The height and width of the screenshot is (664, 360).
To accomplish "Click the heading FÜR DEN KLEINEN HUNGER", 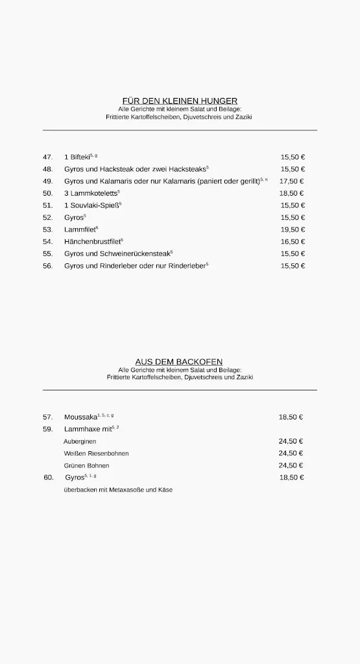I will coord(180,101).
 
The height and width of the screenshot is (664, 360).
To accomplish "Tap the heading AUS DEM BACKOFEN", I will coord(180,361).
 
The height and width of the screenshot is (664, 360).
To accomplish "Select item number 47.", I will coord(47,157).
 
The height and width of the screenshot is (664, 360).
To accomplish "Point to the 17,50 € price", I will coord(292,182).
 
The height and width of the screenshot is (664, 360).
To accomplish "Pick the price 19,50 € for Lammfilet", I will coord(293,230).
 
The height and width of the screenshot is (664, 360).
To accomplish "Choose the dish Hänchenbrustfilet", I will coord(91,242).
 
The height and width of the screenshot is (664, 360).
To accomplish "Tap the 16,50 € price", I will coord(293,242).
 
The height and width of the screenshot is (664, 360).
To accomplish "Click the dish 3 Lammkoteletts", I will coord(90,193).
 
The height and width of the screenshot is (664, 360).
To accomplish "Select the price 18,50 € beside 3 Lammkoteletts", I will coord(293,193).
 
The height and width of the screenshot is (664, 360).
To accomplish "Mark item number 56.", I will coord(47,266).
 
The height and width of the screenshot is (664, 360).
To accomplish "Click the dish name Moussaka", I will coord(80,417).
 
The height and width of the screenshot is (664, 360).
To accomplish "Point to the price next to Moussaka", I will coord(291,417).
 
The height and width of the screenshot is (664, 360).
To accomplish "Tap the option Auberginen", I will coord(80,442).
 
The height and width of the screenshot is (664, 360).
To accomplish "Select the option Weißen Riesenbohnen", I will coord(96,453).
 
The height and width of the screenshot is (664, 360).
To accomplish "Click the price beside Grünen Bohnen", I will coord(291,466).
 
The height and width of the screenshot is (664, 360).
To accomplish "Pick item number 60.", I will coord(49,477).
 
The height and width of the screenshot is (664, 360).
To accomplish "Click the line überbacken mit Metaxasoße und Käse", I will coord(118,490).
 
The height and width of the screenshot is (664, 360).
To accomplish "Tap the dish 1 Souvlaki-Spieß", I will coord(91,206).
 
